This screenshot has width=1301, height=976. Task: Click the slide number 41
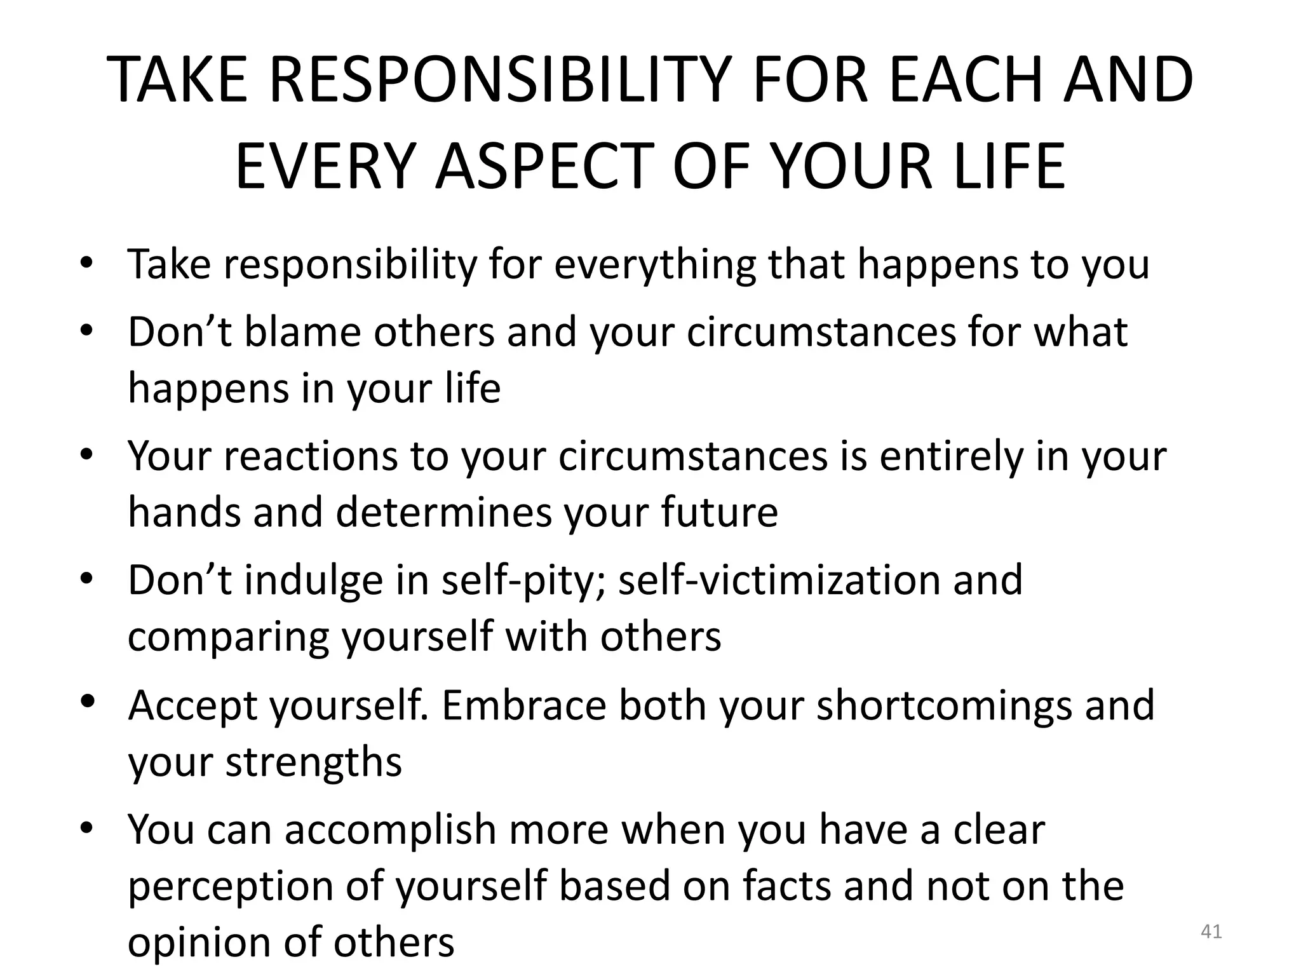pos(1211,932)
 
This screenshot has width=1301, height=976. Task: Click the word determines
pos(443,512)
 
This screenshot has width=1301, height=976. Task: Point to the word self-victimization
pos(778,581)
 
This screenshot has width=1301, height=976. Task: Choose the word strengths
pos(314,761)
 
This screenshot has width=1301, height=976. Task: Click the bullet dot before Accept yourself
pos(88,701)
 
